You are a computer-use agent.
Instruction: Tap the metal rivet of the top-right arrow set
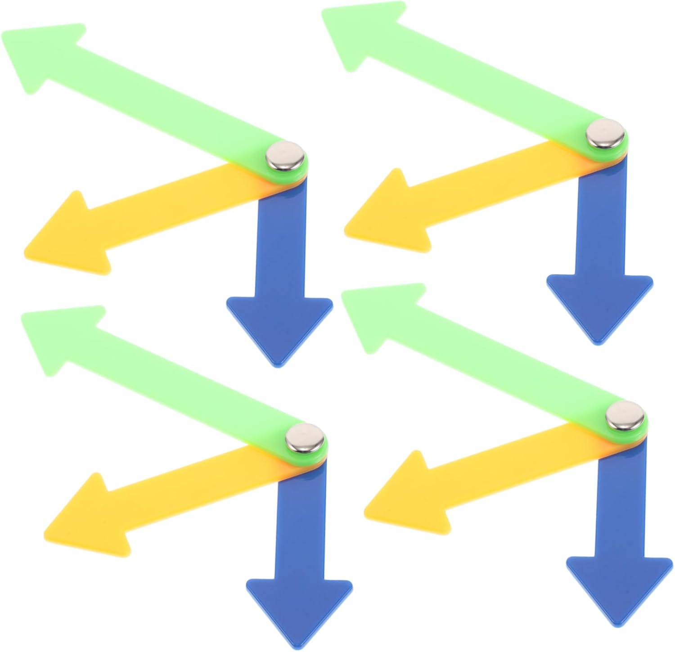coord(606,133)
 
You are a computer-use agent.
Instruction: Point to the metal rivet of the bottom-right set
coord(625,415)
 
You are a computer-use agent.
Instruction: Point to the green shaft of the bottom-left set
coord(180,387)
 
